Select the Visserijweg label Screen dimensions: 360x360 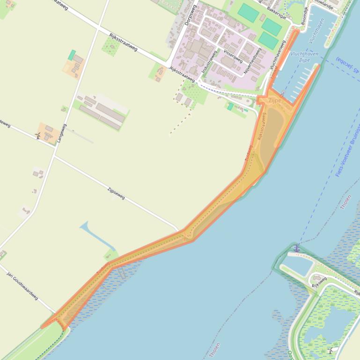pyautogui.click(x=233, y=56)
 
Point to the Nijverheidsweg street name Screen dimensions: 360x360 pyautogui.click(x=252, y=61)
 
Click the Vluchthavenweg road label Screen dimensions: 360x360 pyautogui.click(x=278, y=55)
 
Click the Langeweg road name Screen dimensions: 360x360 pyautogui.click(x=62, y=133)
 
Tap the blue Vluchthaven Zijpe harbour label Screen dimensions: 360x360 pyautogui.click(x=304, y=57)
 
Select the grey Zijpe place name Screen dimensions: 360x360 pyautogui.click(x=275, y=101)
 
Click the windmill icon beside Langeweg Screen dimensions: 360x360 pyautogui.click(x=38, y=136)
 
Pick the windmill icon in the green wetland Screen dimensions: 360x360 pyautogui.click(x=331, y=350)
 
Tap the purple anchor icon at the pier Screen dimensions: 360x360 pyautogui.click(x=296, y=248)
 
